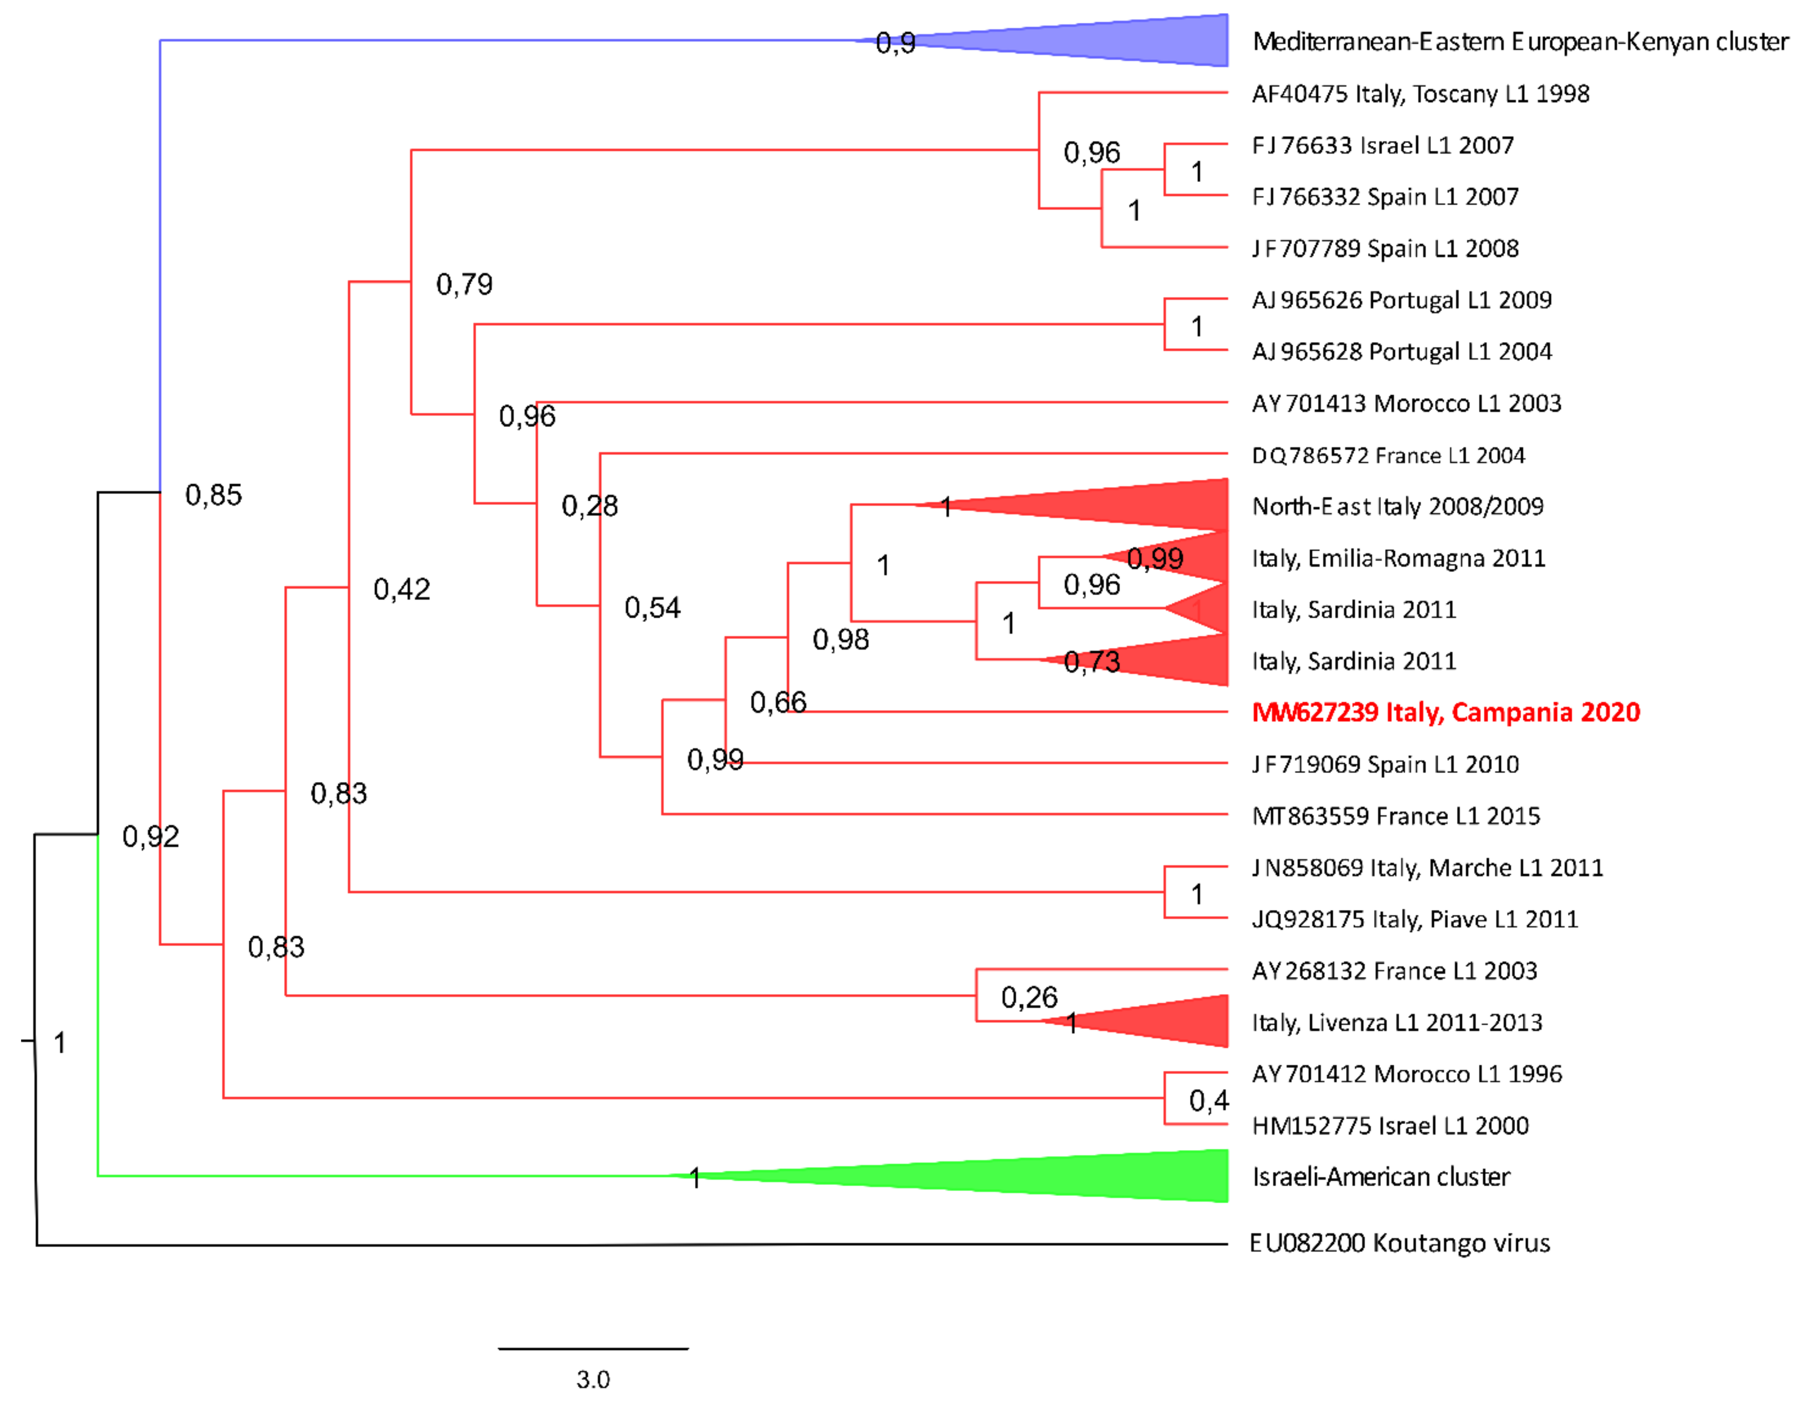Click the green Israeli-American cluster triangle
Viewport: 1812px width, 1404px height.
1079,1176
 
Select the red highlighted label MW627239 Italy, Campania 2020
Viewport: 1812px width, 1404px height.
1445,712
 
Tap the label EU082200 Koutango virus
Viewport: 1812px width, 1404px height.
1400,1243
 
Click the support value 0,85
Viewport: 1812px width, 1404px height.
213,495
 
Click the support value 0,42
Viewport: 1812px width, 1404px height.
402,590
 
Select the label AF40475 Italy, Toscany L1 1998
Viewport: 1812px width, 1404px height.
1420,94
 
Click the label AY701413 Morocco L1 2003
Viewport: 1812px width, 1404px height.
1406,403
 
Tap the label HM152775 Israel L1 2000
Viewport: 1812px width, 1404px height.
1390,1126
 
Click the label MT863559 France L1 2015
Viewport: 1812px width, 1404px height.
1396,816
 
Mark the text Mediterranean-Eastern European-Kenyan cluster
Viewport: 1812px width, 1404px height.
1520,42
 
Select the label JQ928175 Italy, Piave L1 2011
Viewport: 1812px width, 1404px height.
1414,919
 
